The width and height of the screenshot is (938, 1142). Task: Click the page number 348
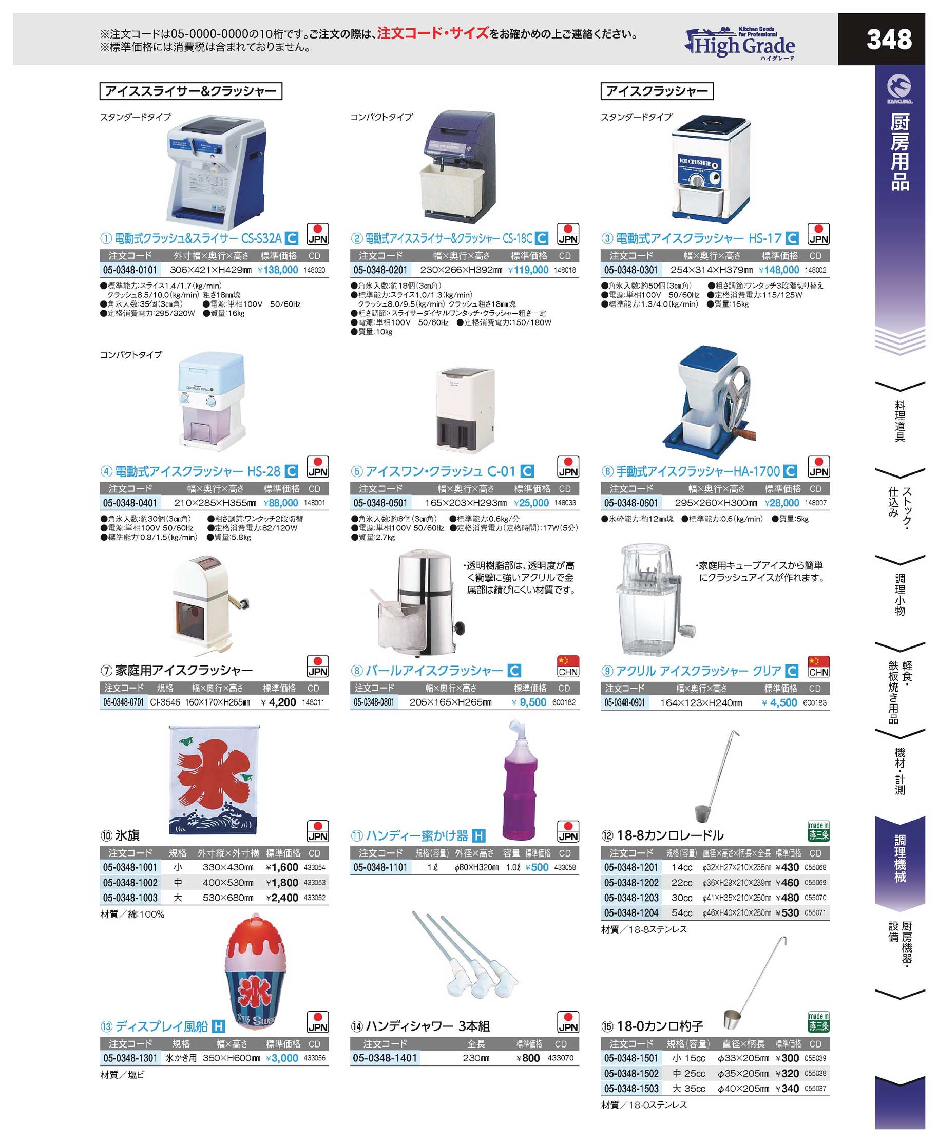tap(889, 40)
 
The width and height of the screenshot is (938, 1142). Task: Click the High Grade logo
tap(740, 44)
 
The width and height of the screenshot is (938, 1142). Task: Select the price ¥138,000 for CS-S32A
tap(278, 270)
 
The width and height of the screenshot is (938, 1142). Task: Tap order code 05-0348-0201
tap(380, 270)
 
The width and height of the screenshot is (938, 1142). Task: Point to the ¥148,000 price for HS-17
tap(779, 270)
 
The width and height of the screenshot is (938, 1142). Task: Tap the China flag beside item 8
tap(568, 667)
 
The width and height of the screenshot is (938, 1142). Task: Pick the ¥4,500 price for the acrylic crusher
tap(779, 702)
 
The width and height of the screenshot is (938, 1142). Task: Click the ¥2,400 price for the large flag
tap(282, 898)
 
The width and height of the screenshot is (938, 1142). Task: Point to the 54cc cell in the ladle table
tap(682, 913)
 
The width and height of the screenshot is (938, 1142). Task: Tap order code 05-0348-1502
tap(631, 1074)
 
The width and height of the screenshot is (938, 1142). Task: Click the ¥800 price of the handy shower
tap(528, 1058)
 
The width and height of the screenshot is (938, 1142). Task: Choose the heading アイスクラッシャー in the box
tap(657, 91)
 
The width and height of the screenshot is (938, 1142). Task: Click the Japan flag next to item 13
tap(318, 1022)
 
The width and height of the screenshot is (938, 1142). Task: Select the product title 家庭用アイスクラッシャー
tap(184, 671)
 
